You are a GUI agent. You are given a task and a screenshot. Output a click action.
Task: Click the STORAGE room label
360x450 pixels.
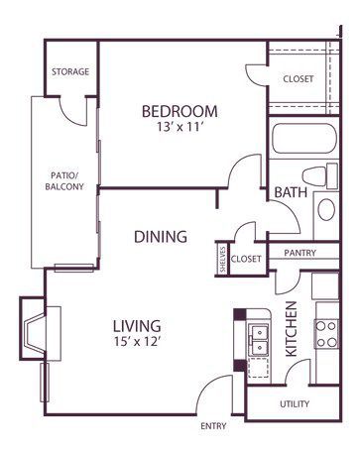pyautogui.click(x=70, y=71)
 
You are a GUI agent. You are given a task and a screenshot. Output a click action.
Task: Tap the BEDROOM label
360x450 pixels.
pyautogui.click(x=180, y=111)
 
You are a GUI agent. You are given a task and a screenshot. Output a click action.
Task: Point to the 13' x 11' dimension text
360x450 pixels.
pyautogui.click(x=180, y=127)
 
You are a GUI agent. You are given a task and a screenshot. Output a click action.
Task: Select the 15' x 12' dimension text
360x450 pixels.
pyautogui.click(x=137, y=341)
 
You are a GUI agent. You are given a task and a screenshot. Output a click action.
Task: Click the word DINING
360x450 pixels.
pyautogui.click(x=161, y=237)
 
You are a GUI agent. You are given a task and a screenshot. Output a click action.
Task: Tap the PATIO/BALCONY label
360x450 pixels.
pyautogui.click(x=64, y=180)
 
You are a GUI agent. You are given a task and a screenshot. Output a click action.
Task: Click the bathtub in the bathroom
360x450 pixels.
pyautogui.click(x=304, y=139)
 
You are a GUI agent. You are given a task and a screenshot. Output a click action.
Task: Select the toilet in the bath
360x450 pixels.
pyautogui.click(x=319, y=175)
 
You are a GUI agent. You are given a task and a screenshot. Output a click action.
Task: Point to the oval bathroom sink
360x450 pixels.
pyautogui.click(x=326, y=209)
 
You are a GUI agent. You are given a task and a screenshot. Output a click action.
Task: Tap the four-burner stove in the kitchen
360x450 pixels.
pyautogui.click(x=326, y=334)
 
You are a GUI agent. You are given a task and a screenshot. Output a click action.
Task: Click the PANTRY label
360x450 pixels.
pyautogui.click(x=300, y=253)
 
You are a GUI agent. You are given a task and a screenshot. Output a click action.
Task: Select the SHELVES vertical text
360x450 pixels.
pyautogui.click(x=223, y=260)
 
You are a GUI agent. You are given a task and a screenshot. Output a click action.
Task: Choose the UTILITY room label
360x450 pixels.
pyautogui.click(x=295, y=404)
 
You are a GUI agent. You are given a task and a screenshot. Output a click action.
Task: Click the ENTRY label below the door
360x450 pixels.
pyautogui.click(x=213, y=426)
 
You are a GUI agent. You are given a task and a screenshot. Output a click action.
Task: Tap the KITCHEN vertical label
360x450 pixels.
pyautogui.click(x=292, y=329)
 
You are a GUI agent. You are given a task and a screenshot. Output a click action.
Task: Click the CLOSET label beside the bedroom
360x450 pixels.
pyautogui.click(x=299, y=79)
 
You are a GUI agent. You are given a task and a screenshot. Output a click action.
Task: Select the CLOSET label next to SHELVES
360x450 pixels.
pyautogui.click(x=246, y=259)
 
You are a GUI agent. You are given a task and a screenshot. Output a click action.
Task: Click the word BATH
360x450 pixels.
pyautogui.click(x=291, y=192)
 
